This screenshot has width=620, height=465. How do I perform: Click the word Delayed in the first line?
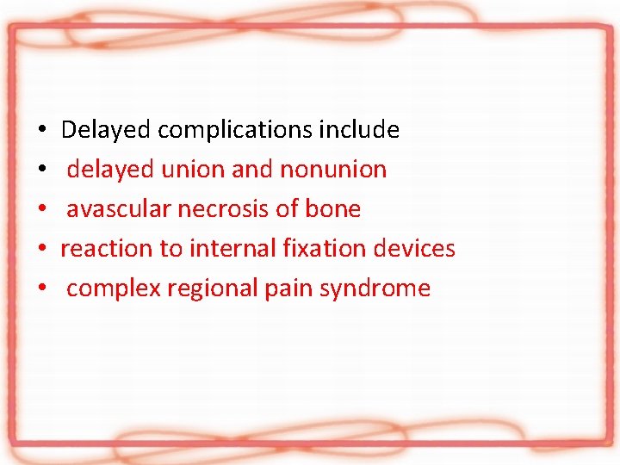pos(107,130)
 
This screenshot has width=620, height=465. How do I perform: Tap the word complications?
pos(235,130)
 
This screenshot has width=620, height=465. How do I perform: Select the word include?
pos(359,130)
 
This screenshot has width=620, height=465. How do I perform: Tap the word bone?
pos(333,209)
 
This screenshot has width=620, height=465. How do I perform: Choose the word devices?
pos(416,249)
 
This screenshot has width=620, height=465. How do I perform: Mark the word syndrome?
pos(375,288)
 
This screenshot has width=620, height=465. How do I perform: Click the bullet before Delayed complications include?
pos(41,131)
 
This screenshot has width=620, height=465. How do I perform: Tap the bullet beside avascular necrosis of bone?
pos(41,210)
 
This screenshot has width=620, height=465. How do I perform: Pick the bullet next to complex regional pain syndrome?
pos(41,289)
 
